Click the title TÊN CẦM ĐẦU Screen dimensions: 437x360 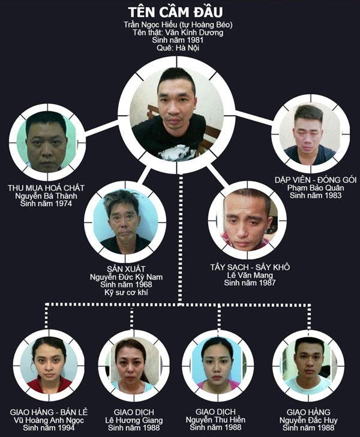tap(178, 12)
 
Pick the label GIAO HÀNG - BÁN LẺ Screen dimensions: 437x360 tap(49, 412)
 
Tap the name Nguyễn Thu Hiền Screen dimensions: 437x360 tap(217, 420)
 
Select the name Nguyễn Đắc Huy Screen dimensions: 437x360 tap(307, 420)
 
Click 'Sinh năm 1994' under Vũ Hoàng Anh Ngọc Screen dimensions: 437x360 tap(49, 429)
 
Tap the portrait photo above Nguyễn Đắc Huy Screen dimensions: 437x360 tap(307, 364)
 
